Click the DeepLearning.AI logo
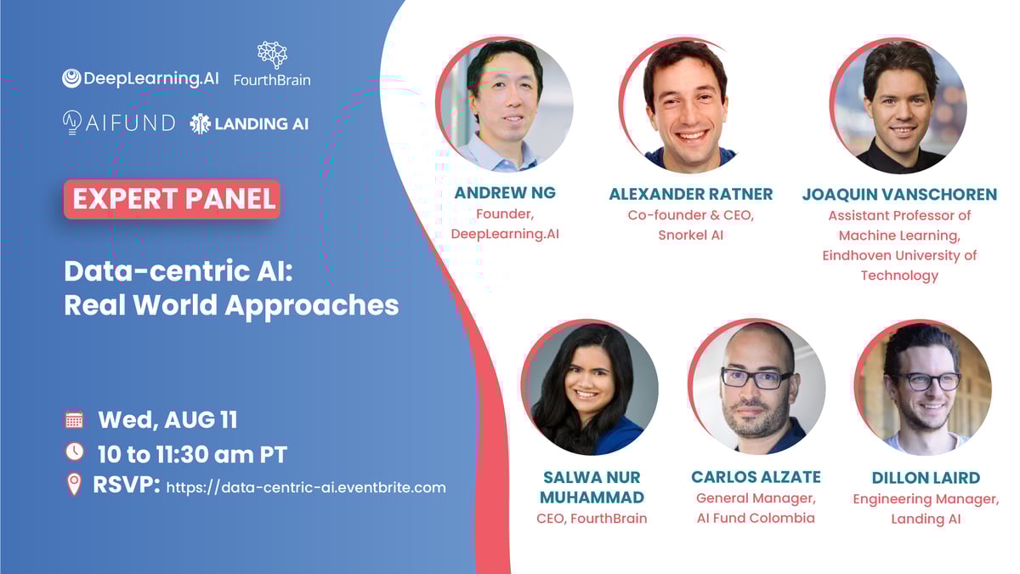click(140, 78)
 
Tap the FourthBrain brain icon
click(272, 54)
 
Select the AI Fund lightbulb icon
click(72, 122)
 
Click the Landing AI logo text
click(262, 124)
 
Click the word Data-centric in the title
click(164, 271)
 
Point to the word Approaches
click(312, 306)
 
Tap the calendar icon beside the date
click(74, 419)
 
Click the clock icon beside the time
click(74, 452)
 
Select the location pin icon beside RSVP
click(74, 484)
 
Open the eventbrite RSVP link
click(306, 487)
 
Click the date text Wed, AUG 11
click(167, 420)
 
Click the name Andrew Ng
click(505, 193)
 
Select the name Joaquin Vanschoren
click(900, 195)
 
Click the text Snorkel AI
click(691, 235)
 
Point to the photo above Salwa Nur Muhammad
click(590, 387)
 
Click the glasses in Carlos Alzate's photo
click(756, 379)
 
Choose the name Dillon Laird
click(926, 478)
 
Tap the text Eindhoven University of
click(900, 256)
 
